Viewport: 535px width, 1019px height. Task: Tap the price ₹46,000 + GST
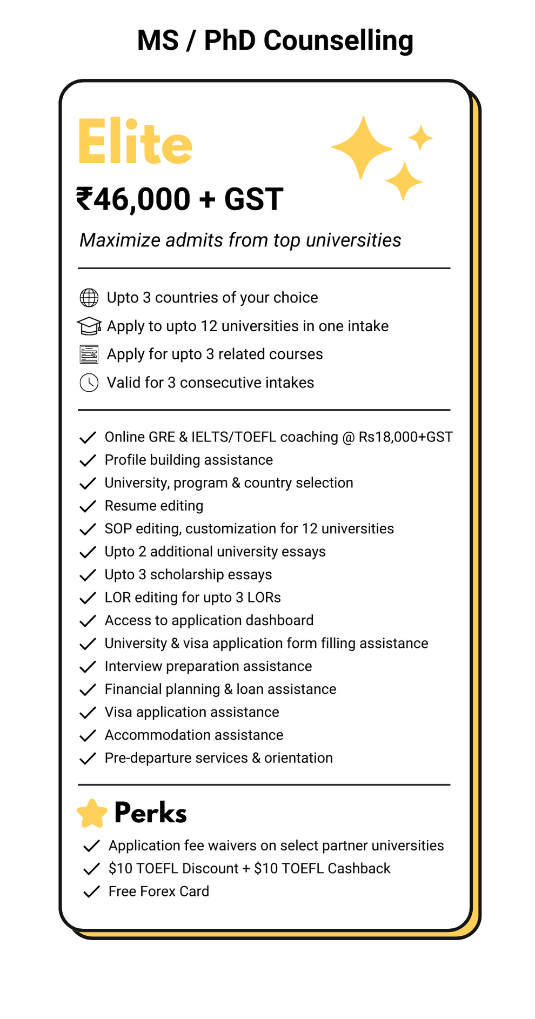pos(179,199)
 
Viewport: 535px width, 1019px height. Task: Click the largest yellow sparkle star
pos(362,148)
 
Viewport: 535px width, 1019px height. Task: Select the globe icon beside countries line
pos(89,298)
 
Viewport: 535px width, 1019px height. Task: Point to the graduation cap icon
pos(89,326)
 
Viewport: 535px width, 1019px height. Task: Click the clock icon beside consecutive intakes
pos(89,383)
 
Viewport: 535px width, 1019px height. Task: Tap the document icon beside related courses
pos(89,354)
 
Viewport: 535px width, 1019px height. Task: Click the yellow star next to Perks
pos(92,814)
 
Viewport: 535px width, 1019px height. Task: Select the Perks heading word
pos(151,813)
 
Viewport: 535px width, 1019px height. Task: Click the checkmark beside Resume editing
pos(88,506)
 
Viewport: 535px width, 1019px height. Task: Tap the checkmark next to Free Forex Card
pos(91,891)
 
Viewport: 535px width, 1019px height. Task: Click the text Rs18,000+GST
pos(405,437)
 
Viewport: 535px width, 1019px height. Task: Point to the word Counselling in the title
pos(338,41)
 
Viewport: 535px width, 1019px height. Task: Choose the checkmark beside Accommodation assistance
pos(88,735)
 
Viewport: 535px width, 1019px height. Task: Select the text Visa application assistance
pos(192,712)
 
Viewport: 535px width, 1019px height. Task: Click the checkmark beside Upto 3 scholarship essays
pos(88,575)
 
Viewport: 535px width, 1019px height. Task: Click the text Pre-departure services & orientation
pos(218,758)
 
